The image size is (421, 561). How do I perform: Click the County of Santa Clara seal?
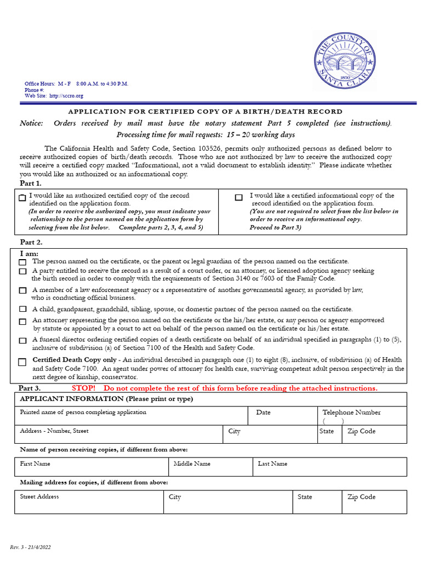click(x=345, y=60)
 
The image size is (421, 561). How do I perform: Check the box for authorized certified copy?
click(x=22, y=198)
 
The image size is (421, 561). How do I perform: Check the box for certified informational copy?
click(x=238, y=198)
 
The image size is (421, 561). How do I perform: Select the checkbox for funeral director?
click(x=22, y=341)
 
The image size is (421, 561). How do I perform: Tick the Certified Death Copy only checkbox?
click(x=22, y=362)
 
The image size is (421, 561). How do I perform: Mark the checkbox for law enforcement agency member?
click(x=22, y=290)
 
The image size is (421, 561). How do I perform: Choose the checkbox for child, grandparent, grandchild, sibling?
click(x=22, y=310)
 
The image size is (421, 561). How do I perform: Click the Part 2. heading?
click(x=31, y=242)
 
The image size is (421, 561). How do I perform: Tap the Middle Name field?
click(x=210, y=467)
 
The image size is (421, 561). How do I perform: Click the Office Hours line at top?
click(x=76, y=84)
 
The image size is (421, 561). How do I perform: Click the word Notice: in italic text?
click(x=31, y=123)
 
